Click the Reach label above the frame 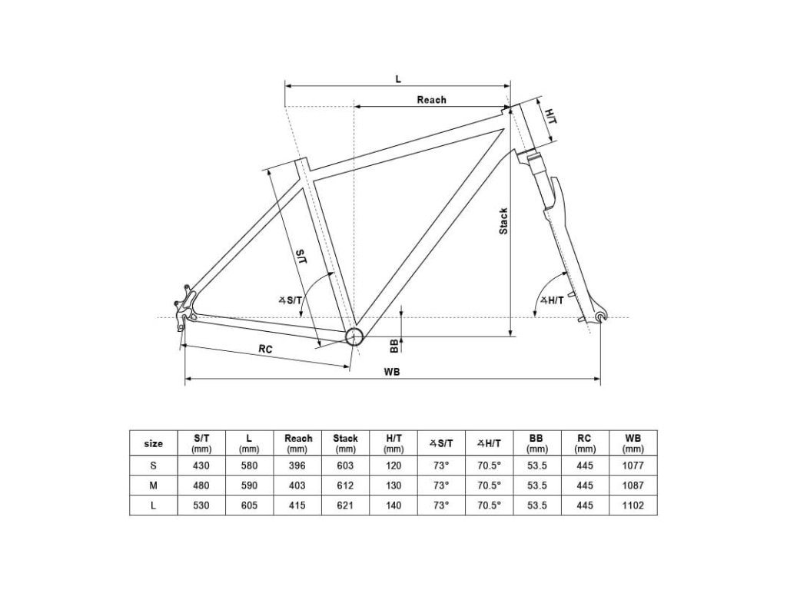(x=431, y=100)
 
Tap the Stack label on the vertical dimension (x=503, y=221)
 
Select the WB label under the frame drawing (x=392, y=371)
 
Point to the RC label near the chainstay (x=265, y=349)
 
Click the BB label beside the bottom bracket (x=394, y=345)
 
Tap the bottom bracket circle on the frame (x=354, y=336)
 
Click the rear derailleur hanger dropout (x=185, y=307)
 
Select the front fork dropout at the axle (x=600, y=316)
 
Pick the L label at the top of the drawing (x=397, y=79)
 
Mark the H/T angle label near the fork (x=553, y=300)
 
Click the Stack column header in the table (x=345, y=442)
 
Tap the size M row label (x=154, y=486)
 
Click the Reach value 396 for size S (x=297, y=466)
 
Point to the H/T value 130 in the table (x=393, y=486)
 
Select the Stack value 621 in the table (x=345, y=505)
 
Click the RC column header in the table (x=585, y=442)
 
